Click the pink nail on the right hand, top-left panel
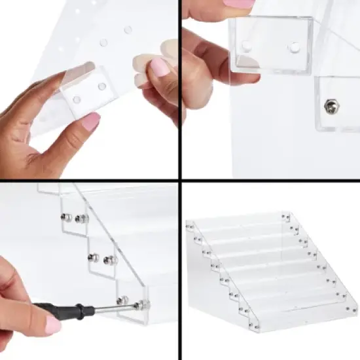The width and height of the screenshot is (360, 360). click(159, 66)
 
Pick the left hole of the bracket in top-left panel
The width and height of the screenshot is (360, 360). click(77, 99)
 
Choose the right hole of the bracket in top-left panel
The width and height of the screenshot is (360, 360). click(101, 86)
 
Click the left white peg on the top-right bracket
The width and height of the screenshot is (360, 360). click(247, 46)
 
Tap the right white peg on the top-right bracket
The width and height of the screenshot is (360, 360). click(294, 47)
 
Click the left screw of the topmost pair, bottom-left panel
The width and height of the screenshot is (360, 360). click(66, 217)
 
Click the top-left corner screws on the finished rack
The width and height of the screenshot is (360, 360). click(190, 226)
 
